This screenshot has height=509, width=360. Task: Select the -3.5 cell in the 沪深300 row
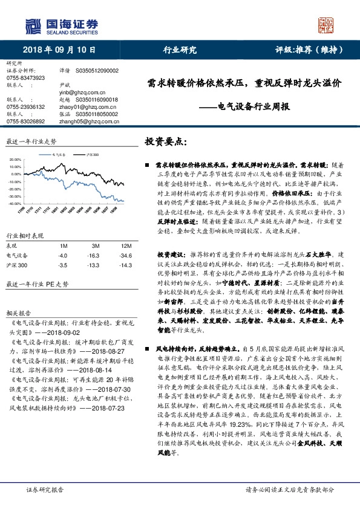coord(62,265)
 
